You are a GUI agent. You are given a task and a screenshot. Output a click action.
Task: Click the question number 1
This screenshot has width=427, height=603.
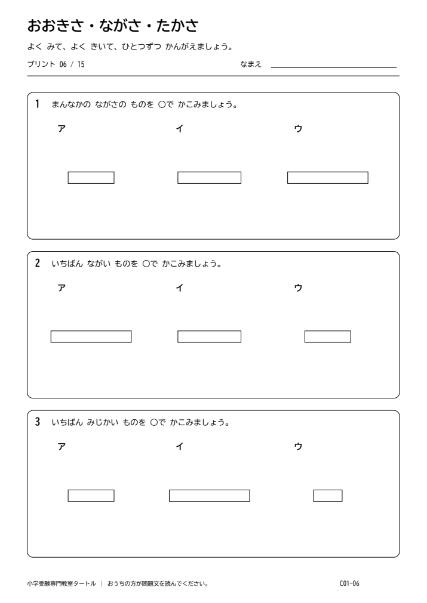pyautogui.click(x=37, y=104)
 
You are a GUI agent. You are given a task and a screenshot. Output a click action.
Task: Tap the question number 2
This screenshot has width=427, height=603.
pyautogui.click(x=38, y=263)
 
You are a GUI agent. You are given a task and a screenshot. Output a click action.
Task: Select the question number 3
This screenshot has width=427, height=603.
pyautogui.click(x=38, y=422)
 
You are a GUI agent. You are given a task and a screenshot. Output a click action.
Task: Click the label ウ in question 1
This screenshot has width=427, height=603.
pyautogui.click(x=299, y=128)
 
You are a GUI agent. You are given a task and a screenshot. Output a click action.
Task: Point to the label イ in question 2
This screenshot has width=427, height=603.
pyautogui.click(x=179, y=287)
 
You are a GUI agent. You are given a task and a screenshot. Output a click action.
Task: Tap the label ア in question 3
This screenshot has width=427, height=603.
pyautogui.click(x=62, y=447)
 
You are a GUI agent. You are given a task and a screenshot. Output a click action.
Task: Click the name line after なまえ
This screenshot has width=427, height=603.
pyautogui.click(x=334, y=67)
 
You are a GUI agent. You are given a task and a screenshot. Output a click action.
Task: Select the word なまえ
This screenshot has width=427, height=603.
pyautogui.click(x=251, y=64)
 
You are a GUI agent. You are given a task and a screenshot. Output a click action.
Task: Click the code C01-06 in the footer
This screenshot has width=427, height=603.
pyautogui.click(x=349, y=583)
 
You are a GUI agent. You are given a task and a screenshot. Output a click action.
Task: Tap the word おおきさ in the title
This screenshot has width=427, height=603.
pyautogui.click(x=56, y=26)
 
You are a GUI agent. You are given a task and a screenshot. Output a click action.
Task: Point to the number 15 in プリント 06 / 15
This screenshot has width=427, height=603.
pyautogui.click(x=81, y=64)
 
